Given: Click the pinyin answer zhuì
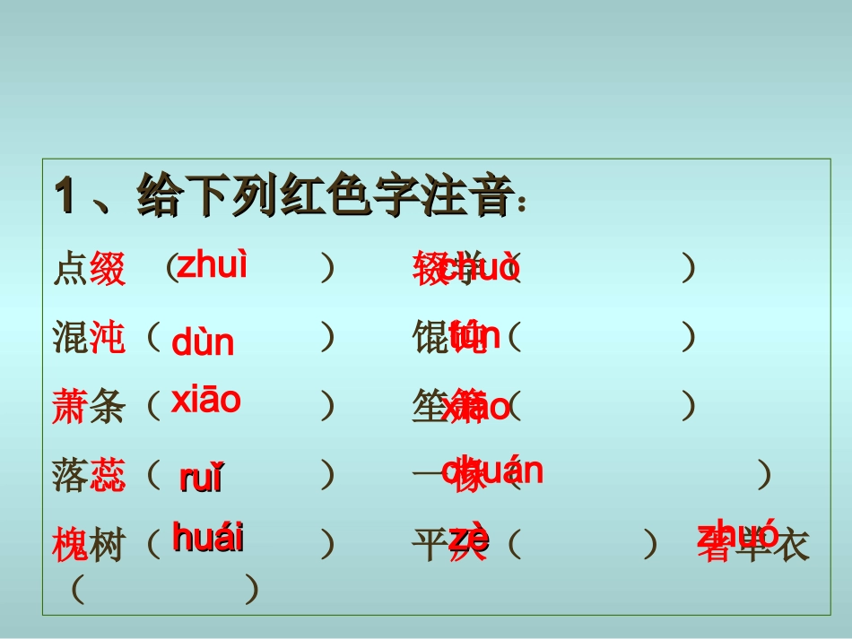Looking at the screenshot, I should [212, 266].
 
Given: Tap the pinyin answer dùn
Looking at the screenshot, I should [203, 342].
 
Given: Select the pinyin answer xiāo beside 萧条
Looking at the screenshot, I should [206, 400].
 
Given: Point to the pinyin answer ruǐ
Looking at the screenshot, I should [201, 479].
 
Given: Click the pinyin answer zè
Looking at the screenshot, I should [469, 540].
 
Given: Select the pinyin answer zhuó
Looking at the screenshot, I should [738, 536].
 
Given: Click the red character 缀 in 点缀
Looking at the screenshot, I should [108, 269].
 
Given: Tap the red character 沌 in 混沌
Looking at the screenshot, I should [108, 338].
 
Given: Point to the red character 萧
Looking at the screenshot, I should [70, 407].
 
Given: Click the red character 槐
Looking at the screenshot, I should [70, 545].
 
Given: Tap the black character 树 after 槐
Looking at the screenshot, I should [108, 545].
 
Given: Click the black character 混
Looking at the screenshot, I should [70, 338].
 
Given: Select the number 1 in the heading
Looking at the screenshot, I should [65, 195].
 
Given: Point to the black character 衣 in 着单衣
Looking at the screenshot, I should [791, 545].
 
